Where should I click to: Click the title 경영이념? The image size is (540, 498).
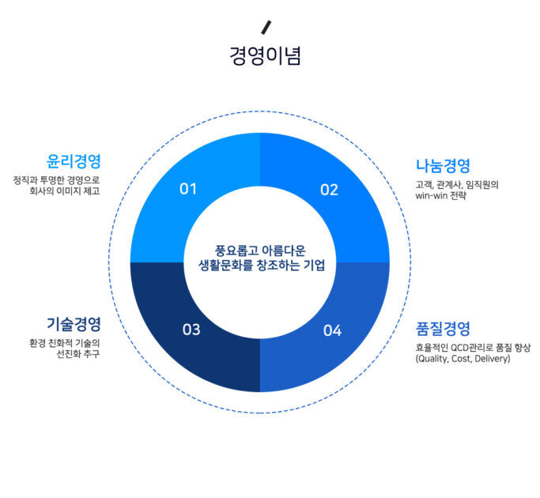[x=265, y=56]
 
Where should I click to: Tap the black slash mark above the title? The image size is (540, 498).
[x=266, y=28]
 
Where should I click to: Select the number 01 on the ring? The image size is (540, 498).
[x=188, y=189]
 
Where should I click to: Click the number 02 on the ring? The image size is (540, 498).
[x=329, y=190]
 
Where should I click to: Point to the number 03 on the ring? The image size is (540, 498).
[x=191, y=330]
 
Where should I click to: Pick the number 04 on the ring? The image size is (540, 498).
[x=332, y=330]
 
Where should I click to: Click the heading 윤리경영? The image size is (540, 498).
[x=74, y=161]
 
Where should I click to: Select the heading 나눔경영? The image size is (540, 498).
[x=443, y=166]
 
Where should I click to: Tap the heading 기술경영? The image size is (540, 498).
[x=74, y=324]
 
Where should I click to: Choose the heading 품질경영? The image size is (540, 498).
[x=443, y=329]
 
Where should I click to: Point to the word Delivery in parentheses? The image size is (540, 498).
[x=493, y=359]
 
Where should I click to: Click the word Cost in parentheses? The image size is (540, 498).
[x=462, y=359]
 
